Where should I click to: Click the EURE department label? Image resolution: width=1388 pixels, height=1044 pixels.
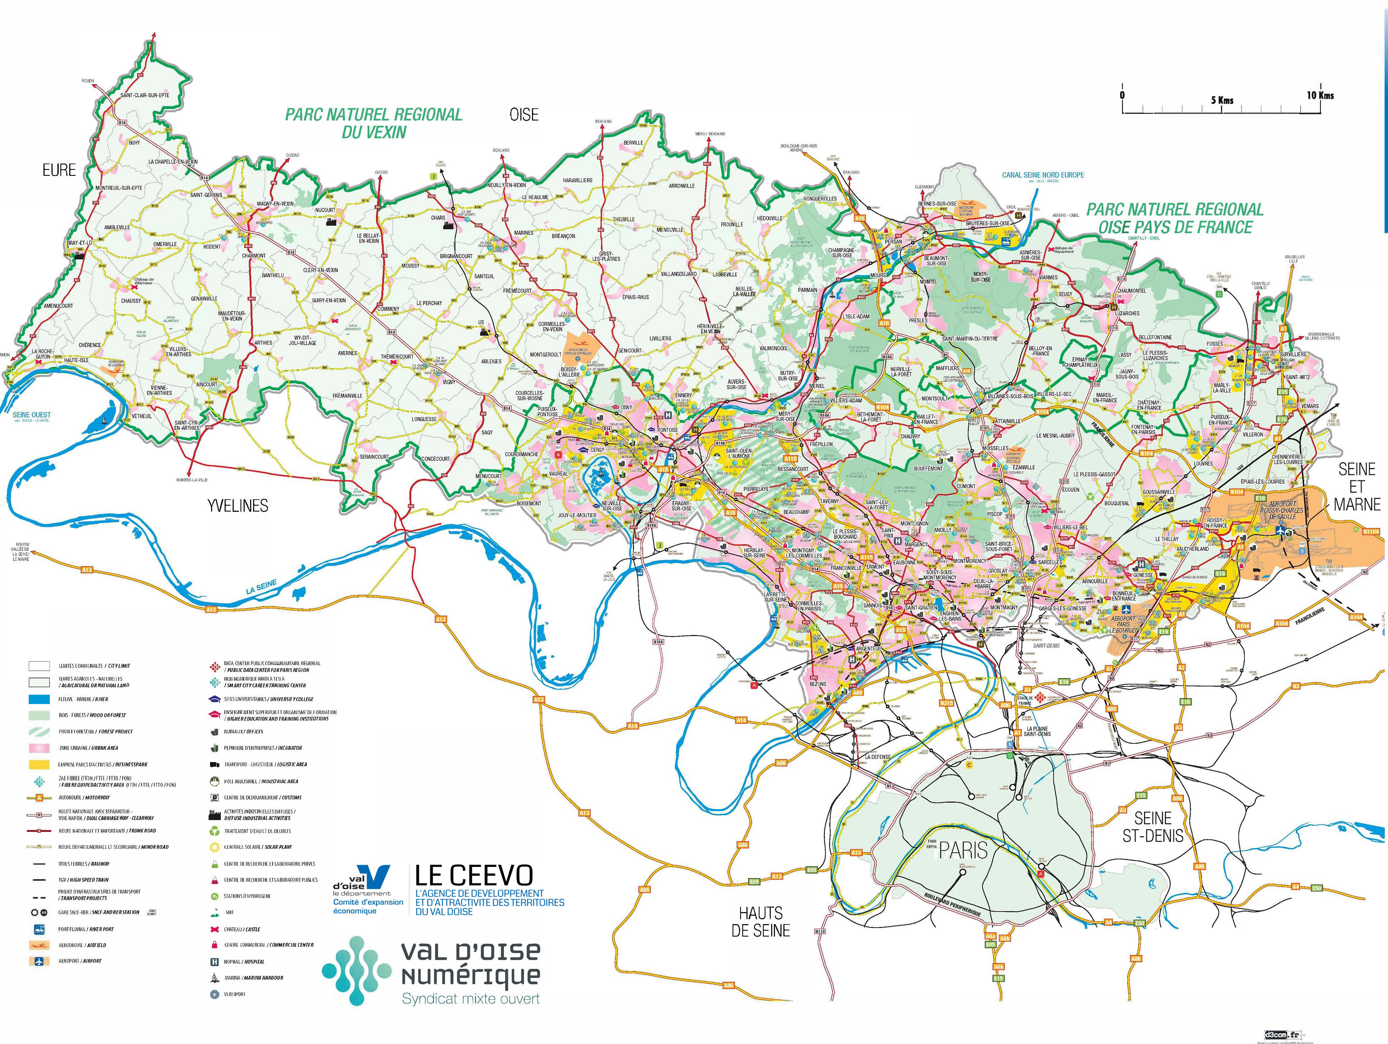59,170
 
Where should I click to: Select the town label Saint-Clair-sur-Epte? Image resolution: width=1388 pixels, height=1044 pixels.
145,95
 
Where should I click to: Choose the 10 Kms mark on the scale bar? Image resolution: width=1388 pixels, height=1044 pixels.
1320,95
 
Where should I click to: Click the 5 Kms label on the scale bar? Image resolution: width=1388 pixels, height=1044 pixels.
1222,100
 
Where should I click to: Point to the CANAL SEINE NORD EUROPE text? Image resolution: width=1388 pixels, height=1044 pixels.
1043,175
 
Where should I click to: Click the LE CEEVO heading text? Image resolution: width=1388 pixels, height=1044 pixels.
474,875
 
